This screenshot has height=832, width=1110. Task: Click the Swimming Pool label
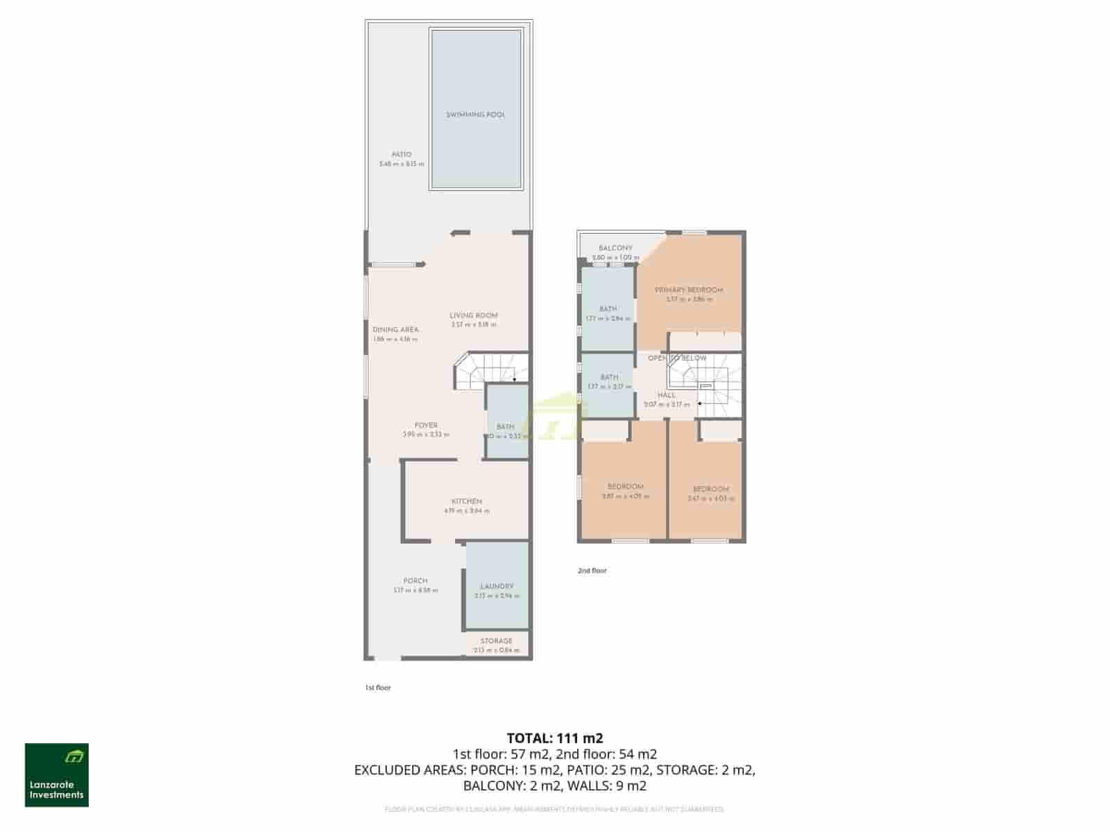(475, 114)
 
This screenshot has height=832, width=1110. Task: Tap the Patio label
(401, 155)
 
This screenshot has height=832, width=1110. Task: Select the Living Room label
(474, 315)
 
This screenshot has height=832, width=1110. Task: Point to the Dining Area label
(395, 330)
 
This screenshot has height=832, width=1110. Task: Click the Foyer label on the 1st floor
(426, 426)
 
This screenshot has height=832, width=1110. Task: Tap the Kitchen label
(467, 501)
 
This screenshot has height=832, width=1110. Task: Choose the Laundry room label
(497, 587)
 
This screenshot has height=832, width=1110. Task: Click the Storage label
(496, 641)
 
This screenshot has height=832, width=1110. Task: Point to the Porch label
(416, 581)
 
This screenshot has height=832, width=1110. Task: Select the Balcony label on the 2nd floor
(615, 248)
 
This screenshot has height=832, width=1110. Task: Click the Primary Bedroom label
(689, 290)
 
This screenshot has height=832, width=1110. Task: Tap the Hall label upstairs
(666, 395)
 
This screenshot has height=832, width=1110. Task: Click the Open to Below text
(677, 358)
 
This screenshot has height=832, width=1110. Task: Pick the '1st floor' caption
(378, 688)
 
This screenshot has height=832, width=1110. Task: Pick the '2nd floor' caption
(592, 571)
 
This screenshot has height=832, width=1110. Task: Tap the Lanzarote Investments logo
(57, 775)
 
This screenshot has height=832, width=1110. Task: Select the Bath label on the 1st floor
(505, 427)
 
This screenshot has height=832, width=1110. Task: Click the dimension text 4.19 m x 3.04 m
(467, 511)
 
